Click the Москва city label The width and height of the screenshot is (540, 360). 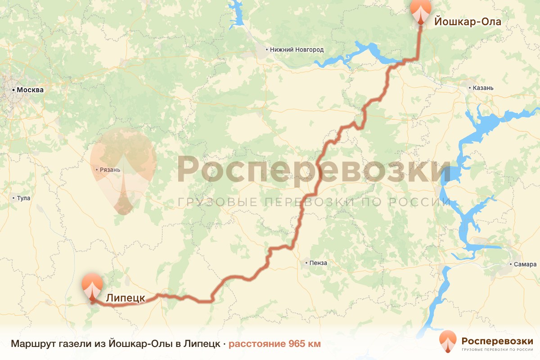[30, 90]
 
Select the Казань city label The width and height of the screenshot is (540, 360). [483, 88]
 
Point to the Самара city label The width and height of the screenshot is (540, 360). [526, 264]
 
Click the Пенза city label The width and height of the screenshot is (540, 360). [317, 262]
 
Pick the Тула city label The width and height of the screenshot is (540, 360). [23, 198]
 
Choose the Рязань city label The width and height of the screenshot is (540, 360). [110, 170]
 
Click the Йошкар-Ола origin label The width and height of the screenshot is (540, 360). [468, 21]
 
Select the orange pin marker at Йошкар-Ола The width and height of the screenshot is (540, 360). [420, 11]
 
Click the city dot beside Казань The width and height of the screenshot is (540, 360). [470, 88]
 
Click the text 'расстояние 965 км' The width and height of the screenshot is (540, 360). [274, 344]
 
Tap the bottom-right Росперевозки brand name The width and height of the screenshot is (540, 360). [497, 341]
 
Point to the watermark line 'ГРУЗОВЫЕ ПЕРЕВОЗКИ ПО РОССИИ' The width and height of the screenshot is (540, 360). [314, 202]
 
